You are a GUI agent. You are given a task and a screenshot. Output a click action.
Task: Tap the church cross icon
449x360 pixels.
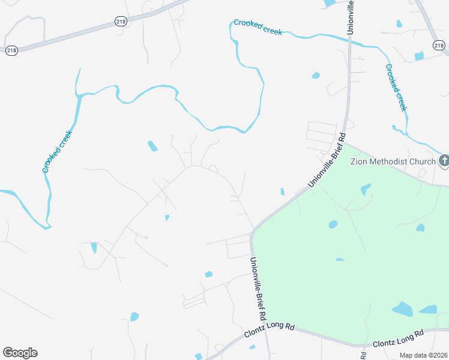coord(444,161)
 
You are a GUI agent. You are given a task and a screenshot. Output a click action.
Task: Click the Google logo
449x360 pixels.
coord(20,353)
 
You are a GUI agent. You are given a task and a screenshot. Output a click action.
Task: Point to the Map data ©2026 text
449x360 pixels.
coord(423,355)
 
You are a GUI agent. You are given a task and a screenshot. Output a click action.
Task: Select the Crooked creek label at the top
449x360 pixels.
coord(258,27)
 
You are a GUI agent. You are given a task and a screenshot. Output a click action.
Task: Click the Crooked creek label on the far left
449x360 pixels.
coord(58,151)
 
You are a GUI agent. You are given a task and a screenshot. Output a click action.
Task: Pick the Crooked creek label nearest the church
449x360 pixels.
coord(396,88)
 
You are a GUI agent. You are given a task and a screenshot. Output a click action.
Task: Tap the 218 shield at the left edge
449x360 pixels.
coord(11,51)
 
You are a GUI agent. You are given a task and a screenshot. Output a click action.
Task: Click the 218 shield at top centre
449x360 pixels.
coord(121,22)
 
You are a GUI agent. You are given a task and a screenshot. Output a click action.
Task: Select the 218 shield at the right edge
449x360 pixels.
coord(438,46)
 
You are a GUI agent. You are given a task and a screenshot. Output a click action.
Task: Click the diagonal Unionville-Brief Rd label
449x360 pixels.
coord(327,160)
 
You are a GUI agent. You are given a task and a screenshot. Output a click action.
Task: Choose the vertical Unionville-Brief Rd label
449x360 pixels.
coord(258,288)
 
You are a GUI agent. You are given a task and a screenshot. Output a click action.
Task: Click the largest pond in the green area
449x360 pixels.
coord(403,309)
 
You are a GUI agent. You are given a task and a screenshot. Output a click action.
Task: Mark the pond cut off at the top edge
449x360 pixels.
coord(329,3)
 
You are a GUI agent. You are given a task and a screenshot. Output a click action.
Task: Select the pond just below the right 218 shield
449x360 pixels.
coord(419,56)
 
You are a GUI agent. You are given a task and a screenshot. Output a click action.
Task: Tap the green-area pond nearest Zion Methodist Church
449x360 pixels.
coord(366,190)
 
